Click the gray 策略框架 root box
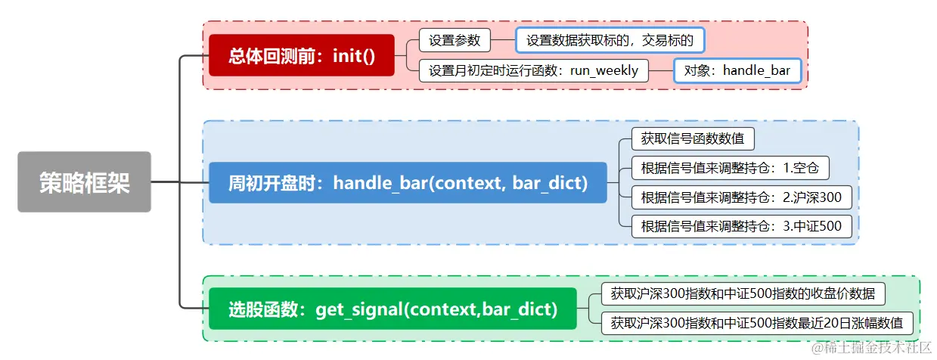pyautogui.click(x=85, y=182)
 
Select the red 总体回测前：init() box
pyautogui.click(x=302, y=55)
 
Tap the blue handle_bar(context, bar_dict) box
pyautogui.click(x=408, y=182)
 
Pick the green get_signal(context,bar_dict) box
pyautogui.click(x=392, y=309)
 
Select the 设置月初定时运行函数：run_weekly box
pyautogui.click(x=534, y=70)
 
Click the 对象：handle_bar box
pyautogui.click(x=737, y=70)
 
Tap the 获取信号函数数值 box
pyautogui.click(x=693, y=139)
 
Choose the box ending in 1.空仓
pyautogui.click(x=735, y=167)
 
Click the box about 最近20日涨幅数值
pyautogui.click(x=757, y=323)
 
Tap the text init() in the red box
pyautogui.click(x=354, y=55)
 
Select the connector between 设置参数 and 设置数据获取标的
pyautogui.click(x=504, y=40)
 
